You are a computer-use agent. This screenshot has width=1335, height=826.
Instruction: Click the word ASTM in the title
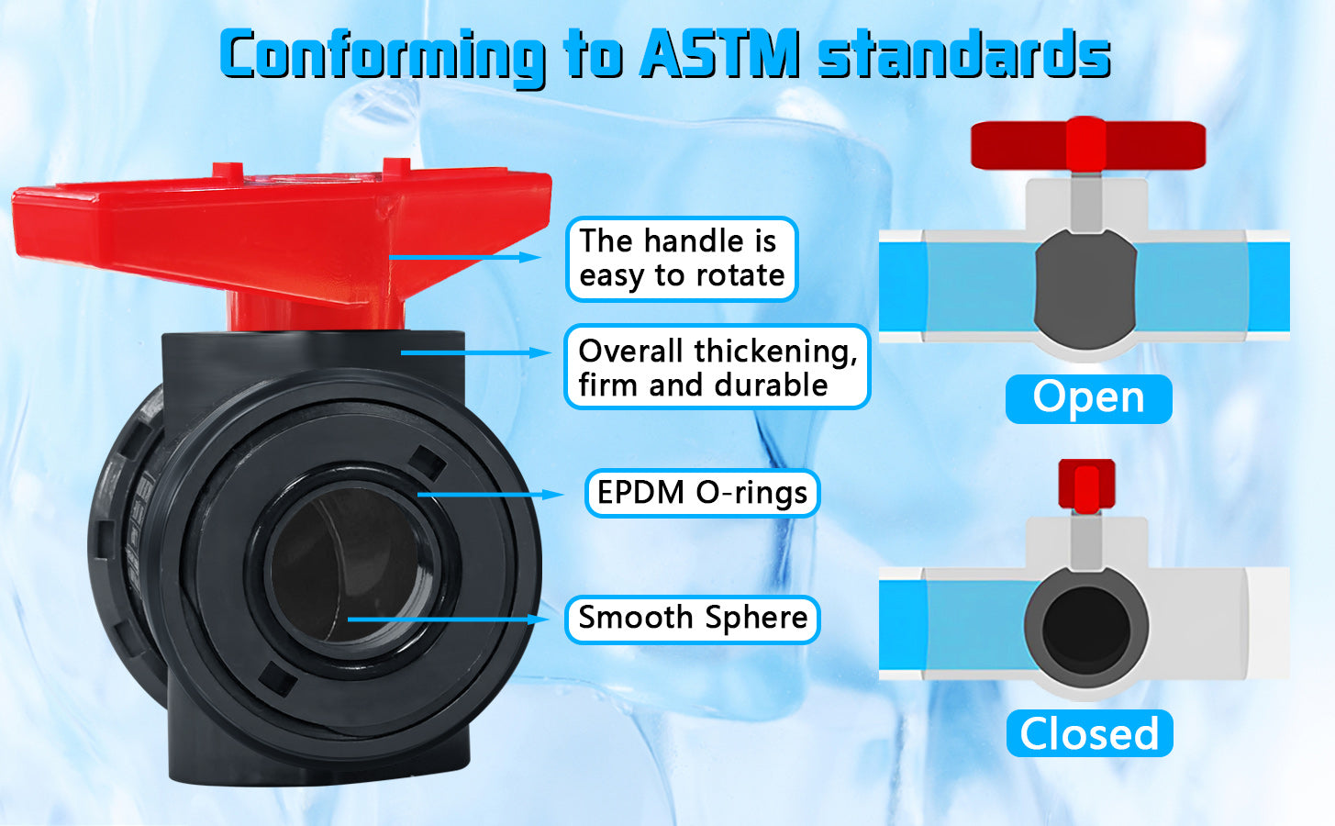tap(719, 53)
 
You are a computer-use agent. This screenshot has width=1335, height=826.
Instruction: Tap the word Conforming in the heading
tap(382, 57)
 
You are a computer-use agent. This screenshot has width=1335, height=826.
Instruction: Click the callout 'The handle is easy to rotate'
tap(681, 259)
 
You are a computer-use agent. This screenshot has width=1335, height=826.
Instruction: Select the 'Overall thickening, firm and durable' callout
tap(718, 366)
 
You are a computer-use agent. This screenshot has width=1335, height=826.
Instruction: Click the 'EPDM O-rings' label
tap(702, 493)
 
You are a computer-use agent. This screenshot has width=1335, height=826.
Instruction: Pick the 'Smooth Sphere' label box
tap(693, 619)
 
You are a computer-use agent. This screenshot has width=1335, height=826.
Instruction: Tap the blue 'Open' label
tap(1089, 398)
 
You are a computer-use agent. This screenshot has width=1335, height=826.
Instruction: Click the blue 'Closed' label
tap(1089, 733)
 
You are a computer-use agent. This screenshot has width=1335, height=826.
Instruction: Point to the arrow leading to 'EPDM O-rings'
tap(490, 495)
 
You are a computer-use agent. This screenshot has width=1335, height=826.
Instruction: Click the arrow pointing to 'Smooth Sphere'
tap(448, 619)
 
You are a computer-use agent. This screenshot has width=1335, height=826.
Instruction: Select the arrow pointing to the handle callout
tap(465, 257)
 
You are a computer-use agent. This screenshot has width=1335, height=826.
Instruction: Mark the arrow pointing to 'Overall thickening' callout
tap(476, 352)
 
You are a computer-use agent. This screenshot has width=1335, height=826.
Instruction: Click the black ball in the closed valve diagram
tap(1086, 631)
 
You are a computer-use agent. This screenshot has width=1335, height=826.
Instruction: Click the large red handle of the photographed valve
tap(283, 239)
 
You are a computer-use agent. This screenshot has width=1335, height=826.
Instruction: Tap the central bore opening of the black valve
tap(351, 566)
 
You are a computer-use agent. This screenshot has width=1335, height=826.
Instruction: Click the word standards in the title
tap(964, 53)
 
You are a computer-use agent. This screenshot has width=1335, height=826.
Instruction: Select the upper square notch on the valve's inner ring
tap(428, 463)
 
